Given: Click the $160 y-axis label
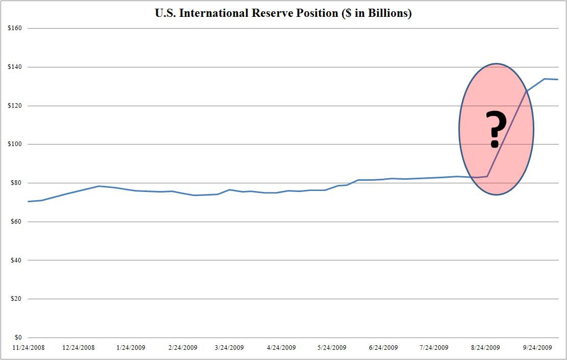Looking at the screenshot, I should tap(14, 28).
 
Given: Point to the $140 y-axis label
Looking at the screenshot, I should tap(14, 67).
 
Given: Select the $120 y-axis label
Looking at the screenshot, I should tap(14, 106).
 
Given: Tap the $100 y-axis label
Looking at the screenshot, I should tap(14, 144).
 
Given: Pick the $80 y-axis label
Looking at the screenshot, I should tap(15, 183).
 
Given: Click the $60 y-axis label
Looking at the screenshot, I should tap(15, 222).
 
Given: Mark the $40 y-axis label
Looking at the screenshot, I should tap(15, 260).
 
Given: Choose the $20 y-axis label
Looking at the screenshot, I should tap(15, 299).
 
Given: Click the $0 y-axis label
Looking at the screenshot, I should tap(17, 338).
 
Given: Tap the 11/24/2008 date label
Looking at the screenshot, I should tap(29, 348).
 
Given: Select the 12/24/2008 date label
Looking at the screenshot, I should tap(79, 348).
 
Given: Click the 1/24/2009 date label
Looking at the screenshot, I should tap(131, 348).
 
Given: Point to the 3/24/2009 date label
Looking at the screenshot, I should tap(230, 348).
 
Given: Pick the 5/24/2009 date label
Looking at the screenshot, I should tap(332, 348).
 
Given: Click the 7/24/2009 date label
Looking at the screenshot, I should tap(434, 348).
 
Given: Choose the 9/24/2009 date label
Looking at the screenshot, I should tap(537, 348).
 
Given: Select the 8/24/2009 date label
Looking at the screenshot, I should tap(486, 348).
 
